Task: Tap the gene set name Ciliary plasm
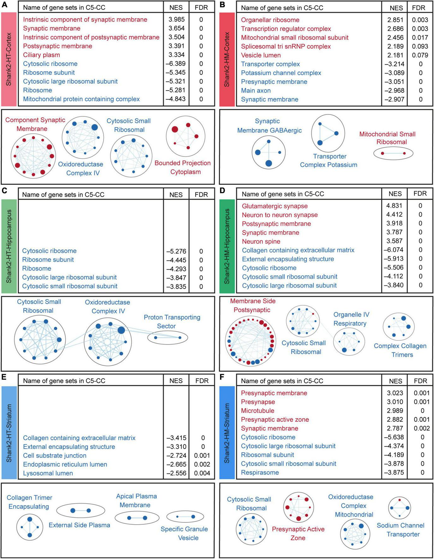pos(41,55)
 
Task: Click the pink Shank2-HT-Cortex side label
pos(9,59)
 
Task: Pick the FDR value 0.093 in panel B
pos(420,46)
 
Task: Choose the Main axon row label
pos(256,91)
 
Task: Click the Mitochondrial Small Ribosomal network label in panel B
pos(391,138)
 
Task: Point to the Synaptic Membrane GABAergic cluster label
pos(269,126)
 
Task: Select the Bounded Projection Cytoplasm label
pos(182,168)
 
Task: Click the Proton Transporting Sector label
pos(172,321)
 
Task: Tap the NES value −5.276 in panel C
pos(176,251)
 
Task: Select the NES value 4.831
pos(394,206)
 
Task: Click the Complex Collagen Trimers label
pos(400,350)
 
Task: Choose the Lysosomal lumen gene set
pos(48,473)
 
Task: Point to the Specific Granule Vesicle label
pos(184,533)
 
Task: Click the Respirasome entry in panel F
pos(260,473)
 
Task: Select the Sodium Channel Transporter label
pos(400,530)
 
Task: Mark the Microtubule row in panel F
pos(258,411)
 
